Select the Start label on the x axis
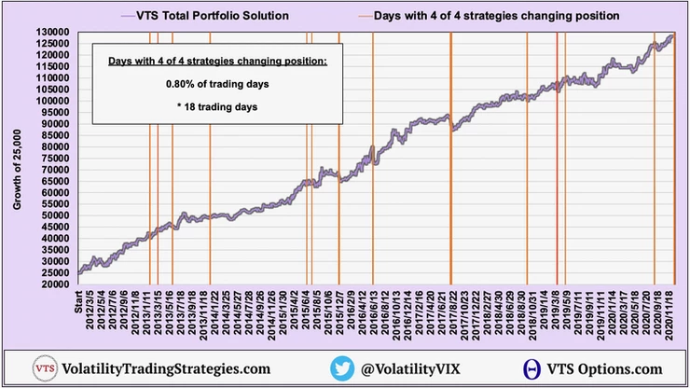(x=79, y=302)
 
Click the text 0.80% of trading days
(x=217, y=84)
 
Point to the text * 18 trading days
(x=217, y=106)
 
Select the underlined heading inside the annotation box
(x=217, y=62)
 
